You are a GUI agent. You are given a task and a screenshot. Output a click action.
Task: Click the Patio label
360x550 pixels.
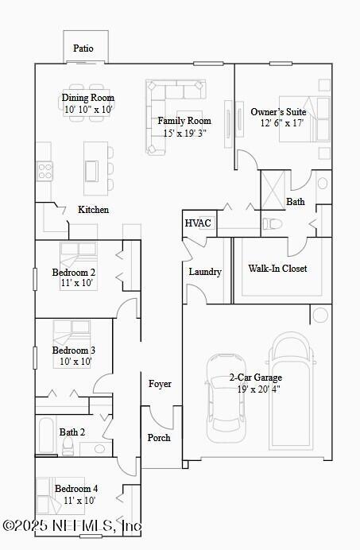pyautogui.click(x=83, y=48)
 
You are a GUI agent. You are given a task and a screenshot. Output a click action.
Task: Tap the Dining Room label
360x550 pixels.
pyautogui.click(x=88, y=98)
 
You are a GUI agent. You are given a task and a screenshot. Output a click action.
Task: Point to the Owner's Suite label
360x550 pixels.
pyautogui.click(x=278, y=112)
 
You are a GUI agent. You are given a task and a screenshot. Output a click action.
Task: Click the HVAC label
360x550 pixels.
pyautogui.click(x=198, y=223)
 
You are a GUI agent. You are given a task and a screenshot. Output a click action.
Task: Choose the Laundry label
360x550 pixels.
pyautogui.click(x=204, y=272)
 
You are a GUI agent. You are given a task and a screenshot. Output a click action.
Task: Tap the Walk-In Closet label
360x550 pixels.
pyautogui.click(x=277, y=269)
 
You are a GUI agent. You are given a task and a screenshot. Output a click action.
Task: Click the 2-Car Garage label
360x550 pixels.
pyautogui.click(x=255, y=378)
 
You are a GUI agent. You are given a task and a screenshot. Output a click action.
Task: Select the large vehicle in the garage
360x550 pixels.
pyautogui.click(x=291, y=389)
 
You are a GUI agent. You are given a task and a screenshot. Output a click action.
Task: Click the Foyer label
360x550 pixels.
pyautogui.click(x=160, y=384)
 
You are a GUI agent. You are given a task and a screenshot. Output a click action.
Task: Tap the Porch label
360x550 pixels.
pyautogui.click(x=159, y=438)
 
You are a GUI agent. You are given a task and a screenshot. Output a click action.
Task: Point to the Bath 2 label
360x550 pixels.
pyautogui.click(x=72, y=432)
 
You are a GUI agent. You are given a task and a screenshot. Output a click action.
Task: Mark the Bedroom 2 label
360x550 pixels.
pyautogui.click(x=74, y=273)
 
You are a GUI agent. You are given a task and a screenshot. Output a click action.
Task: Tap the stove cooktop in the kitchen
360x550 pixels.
pyautogui.click(x=45, y=170)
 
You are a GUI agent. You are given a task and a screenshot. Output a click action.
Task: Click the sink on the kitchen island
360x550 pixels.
pyautogui.click(x=91, y=171)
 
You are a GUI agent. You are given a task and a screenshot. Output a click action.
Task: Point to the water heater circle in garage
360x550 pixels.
pyautogui.click(x=319, y=316)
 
